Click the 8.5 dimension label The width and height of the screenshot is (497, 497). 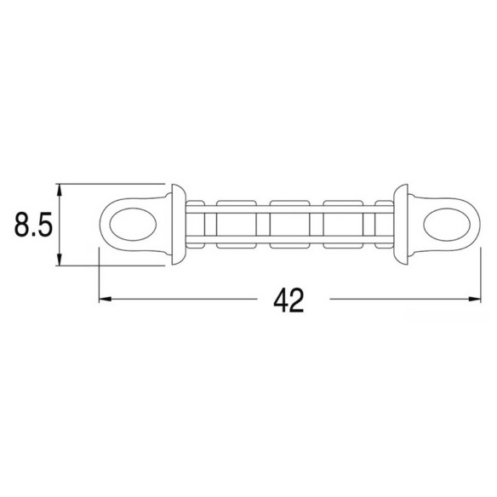[33, 225]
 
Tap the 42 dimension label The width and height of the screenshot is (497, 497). [288, 300]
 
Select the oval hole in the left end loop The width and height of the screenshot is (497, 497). [133, 225]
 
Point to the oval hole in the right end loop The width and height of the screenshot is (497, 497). [447, 225]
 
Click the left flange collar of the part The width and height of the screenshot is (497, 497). [179, 225]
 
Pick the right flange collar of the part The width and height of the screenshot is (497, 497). [401, 225]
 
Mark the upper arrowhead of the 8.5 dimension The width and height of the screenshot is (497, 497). [59, 190]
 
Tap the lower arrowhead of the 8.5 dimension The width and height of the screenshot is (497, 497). [59, 259]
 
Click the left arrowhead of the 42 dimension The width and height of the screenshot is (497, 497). [106, 299]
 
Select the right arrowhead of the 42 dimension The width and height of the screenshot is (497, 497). [475, 299]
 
